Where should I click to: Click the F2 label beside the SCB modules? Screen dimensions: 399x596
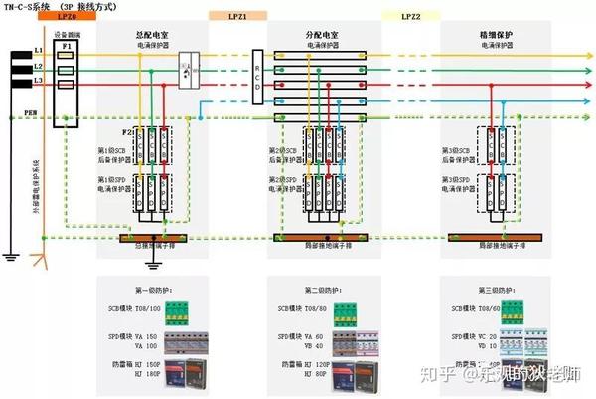click(125, 130)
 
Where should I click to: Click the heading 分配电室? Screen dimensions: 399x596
click(323, 34)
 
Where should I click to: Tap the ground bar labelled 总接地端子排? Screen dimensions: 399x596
click(153, 238)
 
